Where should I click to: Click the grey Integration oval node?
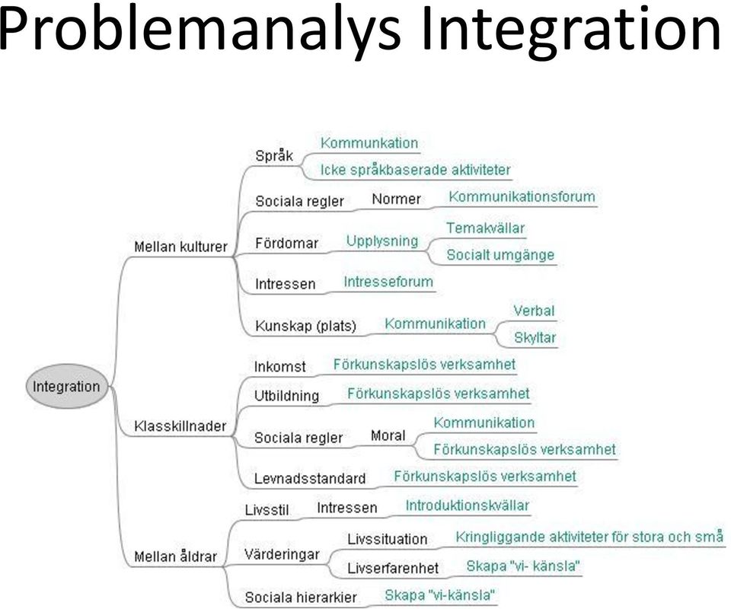[x=66, y=386]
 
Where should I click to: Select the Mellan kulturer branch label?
[x=181, y=247]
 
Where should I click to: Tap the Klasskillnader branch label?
[x=180, y=426]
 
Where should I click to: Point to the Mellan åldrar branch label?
[x=176, y=556]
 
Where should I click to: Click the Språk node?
[x=274, y=155]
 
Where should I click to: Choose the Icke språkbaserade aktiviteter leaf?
[x=416, y=170]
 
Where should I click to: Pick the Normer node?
[x=396, y=199]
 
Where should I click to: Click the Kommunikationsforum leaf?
[x=522, y=196]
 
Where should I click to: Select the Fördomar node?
[x=287, y=243]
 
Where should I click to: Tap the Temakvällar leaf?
[x=486, y=228]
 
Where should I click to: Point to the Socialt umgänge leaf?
[x=501, y=255]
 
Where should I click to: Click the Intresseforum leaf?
[x=388, y=282]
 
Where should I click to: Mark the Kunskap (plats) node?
[x=306, y=326]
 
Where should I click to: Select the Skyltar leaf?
[x=535, y=337]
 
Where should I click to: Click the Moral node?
[x=388, y=435]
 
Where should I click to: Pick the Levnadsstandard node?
[x=310, y=479]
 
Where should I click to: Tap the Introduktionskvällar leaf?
[x=468, y=505]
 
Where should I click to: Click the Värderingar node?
[x=282, y=554]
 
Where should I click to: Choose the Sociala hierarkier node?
[x=301, y=597]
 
